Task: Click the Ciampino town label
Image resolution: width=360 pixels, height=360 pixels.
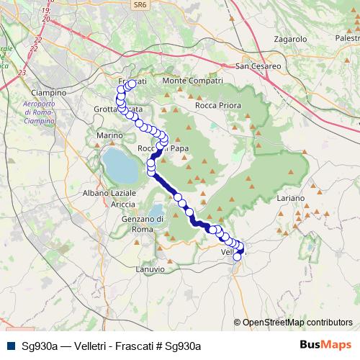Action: (x=49, y=93)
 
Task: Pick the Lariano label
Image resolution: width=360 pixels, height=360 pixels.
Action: (x=290, y=197)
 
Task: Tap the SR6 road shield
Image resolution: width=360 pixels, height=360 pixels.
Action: (x=138, y=5)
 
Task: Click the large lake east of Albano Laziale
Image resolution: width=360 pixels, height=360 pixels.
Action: (x=120, y=166)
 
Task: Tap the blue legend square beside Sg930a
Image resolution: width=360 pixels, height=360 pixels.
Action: (x=10, y=346)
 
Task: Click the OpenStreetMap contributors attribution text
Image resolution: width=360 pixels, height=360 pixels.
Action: (x=297, y=323)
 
